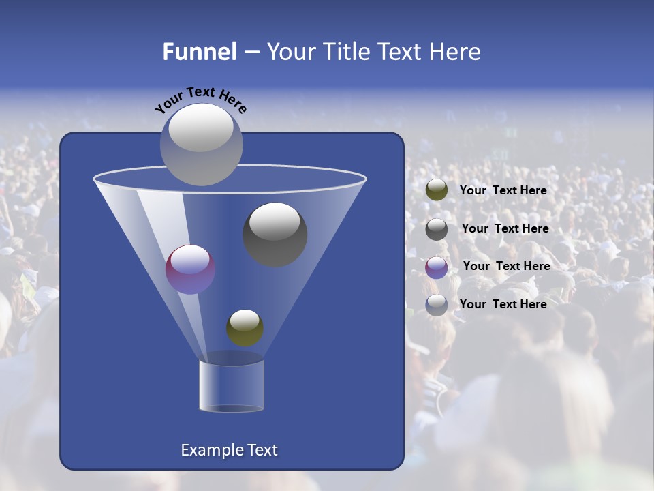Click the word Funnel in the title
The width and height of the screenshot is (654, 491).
click(199, 52)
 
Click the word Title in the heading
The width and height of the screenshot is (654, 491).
click(347, 52)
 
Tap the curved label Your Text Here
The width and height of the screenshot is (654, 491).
click(200, 100)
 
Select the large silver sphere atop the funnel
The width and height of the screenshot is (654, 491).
click(201, 144)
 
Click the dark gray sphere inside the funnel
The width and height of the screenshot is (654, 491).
click(275, 234)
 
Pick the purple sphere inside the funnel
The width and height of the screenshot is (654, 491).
click(190, 269)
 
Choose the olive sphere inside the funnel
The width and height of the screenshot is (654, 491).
click(245, 327)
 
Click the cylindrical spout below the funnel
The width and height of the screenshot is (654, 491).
click(232, 385)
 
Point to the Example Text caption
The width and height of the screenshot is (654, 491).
click(229, 450)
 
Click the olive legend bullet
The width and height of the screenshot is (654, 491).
click(437, 190)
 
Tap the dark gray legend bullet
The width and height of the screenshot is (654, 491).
click(437, 229)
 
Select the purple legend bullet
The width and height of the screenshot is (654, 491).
click(437, 267)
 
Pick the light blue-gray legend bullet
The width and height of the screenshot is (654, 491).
click(437, 305)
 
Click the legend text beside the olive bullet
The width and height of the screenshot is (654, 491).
click(503, 191)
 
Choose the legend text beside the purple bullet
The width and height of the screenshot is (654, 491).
click(506, 267)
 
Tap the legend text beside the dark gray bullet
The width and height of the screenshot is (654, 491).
click(505, 229)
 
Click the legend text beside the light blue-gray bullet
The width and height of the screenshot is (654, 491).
click(503, 304)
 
